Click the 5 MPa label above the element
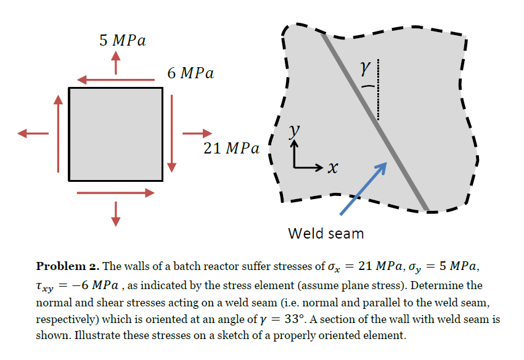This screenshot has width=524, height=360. click(122, 41)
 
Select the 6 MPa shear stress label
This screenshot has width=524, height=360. click(190, 73)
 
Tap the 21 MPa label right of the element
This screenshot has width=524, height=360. click(231, 149)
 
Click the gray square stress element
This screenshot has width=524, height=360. click(115, 134)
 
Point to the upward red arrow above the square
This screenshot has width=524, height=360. click(115, 63)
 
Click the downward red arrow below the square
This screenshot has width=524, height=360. click(115, 213)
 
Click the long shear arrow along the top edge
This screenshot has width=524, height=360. click(115, 80)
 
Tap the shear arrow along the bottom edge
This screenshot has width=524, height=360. click(115, 193)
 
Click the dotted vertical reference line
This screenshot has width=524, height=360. click(377, 89)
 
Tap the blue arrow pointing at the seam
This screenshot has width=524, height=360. click(364, 188)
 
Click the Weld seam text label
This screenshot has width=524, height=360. click(325, 234)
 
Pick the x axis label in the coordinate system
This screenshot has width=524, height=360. click(333, 168)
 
